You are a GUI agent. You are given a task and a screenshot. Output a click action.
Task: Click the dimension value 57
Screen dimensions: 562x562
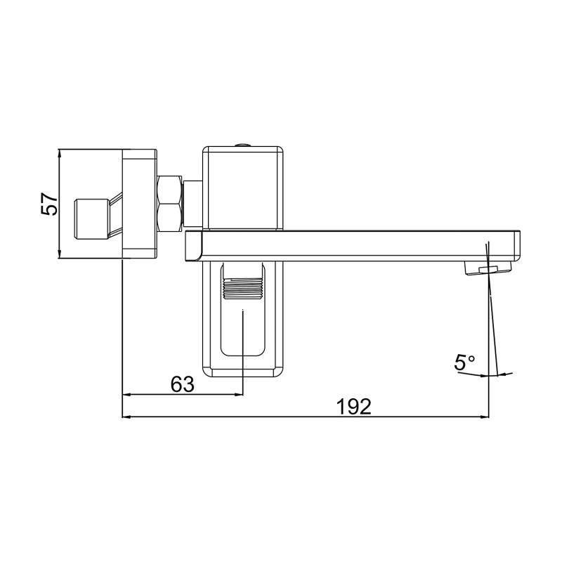pos(49,204)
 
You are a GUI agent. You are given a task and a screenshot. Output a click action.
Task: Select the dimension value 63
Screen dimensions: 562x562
pos(182,384)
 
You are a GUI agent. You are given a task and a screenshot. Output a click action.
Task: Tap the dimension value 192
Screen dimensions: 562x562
pos(354,407)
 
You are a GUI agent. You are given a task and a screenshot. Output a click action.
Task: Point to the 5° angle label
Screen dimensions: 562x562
pos(464,362)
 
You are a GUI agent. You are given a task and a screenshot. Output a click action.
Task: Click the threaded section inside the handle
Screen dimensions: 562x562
pos(243,289)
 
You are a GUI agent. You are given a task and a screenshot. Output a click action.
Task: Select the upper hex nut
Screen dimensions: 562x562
pos(169,189)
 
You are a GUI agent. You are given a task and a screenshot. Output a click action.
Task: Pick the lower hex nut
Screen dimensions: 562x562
pos(169,218)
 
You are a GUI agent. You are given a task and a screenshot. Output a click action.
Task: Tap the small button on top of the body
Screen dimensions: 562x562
pos(242,145)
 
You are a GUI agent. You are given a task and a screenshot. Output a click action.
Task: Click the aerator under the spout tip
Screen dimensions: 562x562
pos(488,268)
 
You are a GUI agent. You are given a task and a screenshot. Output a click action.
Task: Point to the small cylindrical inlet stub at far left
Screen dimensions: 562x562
pos(91,219)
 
